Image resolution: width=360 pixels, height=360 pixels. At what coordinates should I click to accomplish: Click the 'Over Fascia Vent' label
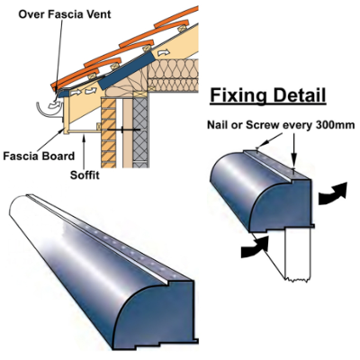tap(65, 14)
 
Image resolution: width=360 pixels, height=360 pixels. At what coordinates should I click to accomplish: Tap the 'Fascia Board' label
tap(39, 157)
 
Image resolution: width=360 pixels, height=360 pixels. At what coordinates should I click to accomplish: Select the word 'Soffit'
tap(85, 175)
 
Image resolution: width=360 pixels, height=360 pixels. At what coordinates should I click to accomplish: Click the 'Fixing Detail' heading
tap(267, 95)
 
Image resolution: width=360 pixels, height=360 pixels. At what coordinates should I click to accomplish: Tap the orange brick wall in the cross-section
tap(109, 133)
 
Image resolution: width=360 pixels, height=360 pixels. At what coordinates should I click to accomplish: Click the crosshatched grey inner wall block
tap(140, 130)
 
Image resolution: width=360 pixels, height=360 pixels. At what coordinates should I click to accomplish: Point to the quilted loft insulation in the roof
tap(174, 74)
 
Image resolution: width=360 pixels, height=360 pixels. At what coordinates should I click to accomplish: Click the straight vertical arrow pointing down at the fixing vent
tap(293, 151)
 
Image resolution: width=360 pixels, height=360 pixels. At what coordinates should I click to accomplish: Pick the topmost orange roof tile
tap(176, 17)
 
